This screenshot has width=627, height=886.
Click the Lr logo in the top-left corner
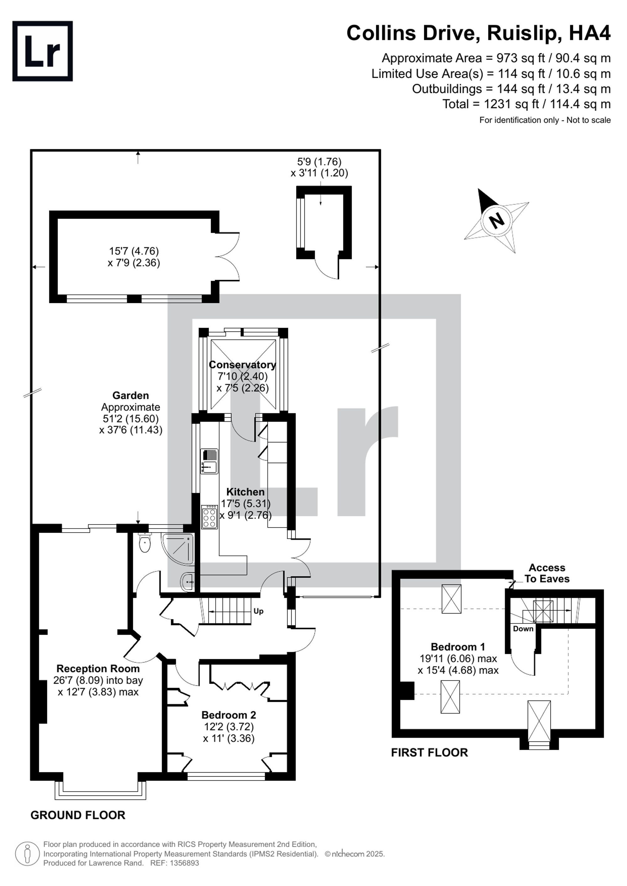42,51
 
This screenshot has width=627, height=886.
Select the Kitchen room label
245,492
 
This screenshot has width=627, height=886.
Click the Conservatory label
242,365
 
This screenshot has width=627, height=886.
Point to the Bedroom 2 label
229,715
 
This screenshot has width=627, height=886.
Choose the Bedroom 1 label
458,647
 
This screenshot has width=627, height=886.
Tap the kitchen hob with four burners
209,517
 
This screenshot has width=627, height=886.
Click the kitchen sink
209,461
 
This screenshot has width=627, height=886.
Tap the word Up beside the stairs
258,611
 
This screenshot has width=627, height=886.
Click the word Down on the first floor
523,628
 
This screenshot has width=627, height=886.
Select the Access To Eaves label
547,573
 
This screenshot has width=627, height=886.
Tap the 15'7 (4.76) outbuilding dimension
134,251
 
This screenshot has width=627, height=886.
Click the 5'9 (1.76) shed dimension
319,162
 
